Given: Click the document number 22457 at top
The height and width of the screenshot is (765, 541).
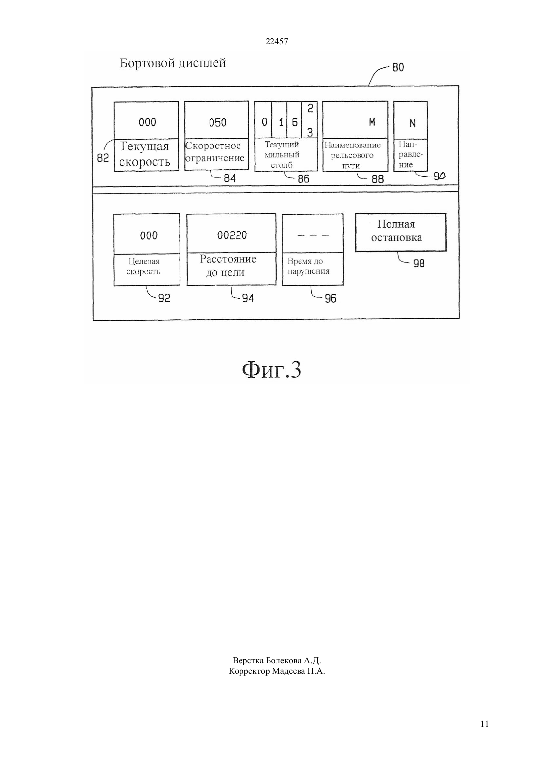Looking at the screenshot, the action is pyautogui.click(x=276, y=41).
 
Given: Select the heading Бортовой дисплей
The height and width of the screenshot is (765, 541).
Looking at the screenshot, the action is pyautogui.click(x=173, y=63).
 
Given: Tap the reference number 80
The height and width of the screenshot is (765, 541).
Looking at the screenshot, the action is pyautogui.click(x=398, y=68).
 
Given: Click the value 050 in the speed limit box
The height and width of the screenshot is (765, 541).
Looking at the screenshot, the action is pyautogui.click(x=217, y=122).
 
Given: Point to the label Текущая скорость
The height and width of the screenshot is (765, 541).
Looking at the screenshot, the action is pyautogui.click(x=145, y=154).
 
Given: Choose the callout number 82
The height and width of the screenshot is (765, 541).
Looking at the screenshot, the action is pyautogui.click(x=103, y=158).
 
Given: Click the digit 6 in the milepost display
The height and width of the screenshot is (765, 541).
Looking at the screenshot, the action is pyautogui.click(x=295, y=122).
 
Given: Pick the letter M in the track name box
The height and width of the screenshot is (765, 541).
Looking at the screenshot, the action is pyautogui.click(x=372, y=122).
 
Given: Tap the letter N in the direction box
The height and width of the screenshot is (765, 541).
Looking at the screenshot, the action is pyautogui.click(x=413, y=123).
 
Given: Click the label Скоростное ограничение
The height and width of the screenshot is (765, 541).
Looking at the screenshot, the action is pyautogui.click(x=215, y=151).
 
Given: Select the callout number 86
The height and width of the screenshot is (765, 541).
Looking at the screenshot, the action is pyautogui.click(x=303, y=178).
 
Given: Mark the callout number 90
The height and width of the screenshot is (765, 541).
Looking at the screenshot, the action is pyautogui.click(x=439, y=176).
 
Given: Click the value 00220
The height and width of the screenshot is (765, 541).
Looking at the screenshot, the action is pyautogui.click(x=232, y=235).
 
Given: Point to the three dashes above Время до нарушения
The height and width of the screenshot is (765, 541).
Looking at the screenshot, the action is pyautogui.click(x=313, y=235).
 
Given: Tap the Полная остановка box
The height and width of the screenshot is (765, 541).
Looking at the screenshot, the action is pyautogui.click(x=401, y=233).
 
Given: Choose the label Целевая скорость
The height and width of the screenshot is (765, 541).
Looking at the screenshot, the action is pyautogui.click(x=144, y=266).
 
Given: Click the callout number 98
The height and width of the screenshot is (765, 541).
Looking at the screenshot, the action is pyautogui.click(x=419, y=264).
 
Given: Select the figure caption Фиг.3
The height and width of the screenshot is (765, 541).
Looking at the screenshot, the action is pyautogui.click(x=271, y=370).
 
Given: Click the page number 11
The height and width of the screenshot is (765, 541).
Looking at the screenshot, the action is pyautogui.click(x=484, y=724).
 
